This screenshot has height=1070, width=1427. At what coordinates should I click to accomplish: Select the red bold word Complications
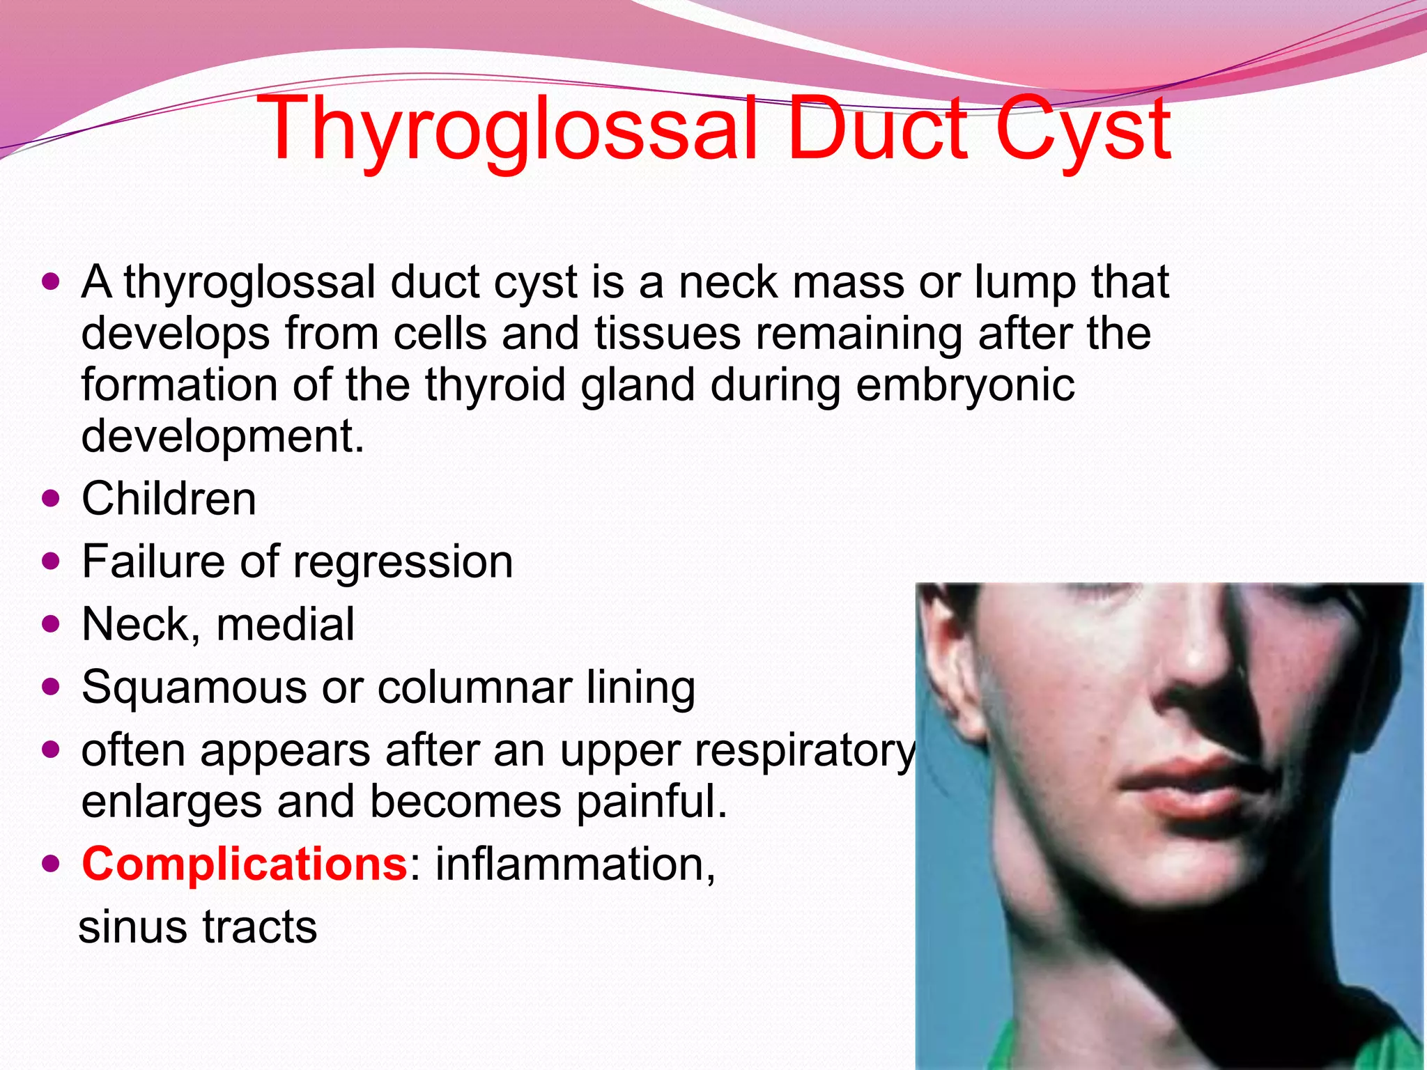[x=244, y=864]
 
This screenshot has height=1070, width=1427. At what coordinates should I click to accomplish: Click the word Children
[x=169, y=499]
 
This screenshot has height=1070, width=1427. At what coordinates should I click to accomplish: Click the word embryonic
[x=964, y=385]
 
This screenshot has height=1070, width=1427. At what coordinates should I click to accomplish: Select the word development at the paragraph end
[x=222, y=437]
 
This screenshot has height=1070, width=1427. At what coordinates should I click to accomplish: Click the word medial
[x=286, y=624]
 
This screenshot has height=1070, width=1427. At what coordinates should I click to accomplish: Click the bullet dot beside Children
[x=51, y=499]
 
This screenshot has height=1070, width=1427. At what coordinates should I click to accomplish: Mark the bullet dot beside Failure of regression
[x=51, y=561]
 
